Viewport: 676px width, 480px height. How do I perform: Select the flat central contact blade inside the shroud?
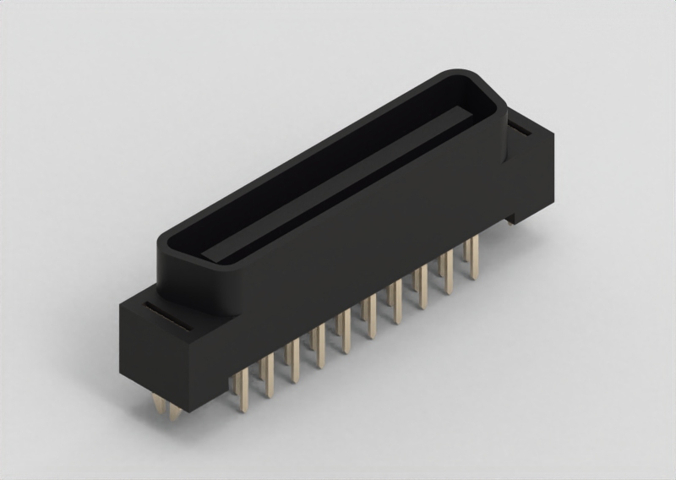click(338, 182)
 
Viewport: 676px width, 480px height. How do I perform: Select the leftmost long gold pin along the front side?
click(241, 388)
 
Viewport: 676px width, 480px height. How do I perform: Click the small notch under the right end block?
click(512, 219)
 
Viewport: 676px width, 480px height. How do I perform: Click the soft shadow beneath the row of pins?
click(380, 355)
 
